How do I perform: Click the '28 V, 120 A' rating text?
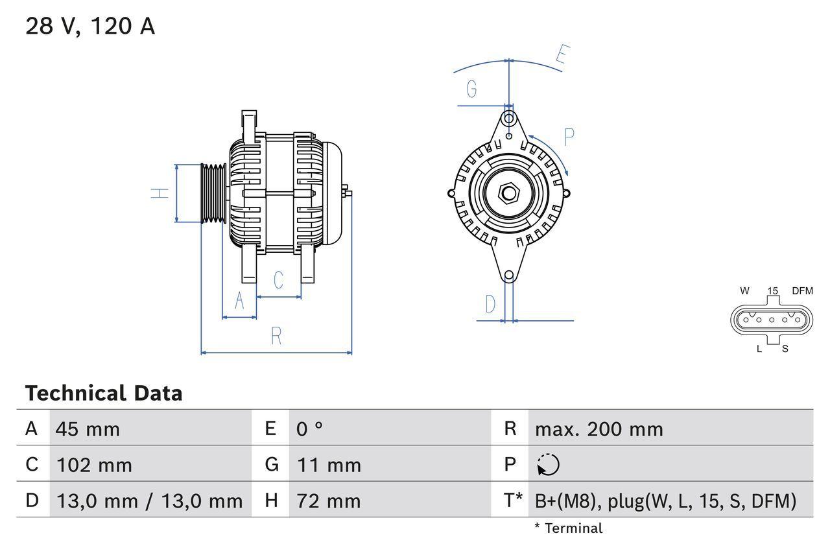point(90,27)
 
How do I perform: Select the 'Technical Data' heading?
point(104,394)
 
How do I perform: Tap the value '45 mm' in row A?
point(88,429)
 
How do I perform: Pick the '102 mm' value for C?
point(94,465)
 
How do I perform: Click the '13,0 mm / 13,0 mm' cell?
point(149,500)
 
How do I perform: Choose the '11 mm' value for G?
point(329,465)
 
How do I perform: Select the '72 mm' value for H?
point(328,500)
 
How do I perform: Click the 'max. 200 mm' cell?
point(599,429)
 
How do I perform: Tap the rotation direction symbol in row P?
point(548,465)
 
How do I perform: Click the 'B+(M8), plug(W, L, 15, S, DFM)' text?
point(665,500)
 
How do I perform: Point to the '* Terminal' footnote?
point(568,528)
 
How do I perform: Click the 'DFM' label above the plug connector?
point(801,291)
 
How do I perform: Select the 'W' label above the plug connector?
point(745,291)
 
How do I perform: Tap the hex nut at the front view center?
point(509,193)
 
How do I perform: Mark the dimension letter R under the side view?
point(276,336)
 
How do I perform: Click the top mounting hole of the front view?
point(509,119)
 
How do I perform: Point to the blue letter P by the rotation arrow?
point(569,137)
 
